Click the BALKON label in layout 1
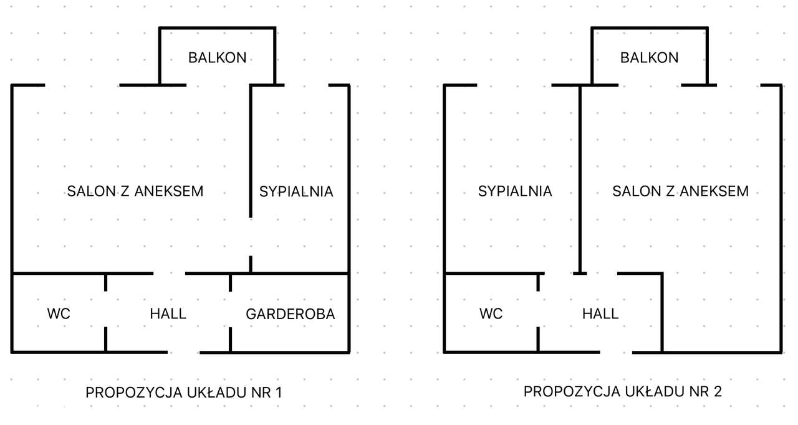point(217,58)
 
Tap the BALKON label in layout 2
point(649,58)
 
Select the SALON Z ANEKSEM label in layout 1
point(135,191)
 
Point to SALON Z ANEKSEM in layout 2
point(680,191)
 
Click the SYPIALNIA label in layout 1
point(296,191)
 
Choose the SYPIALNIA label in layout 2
point(515,191)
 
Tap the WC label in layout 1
point(59,313)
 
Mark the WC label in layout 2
point(491,313)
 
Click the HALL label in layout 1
point(168,313)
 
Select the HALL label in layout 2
point(600,313)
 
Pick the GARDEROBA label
point(291,314)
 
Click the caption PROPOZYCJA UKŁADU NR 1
point(184,393)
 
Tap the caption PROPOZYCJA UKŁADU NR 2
point(623,392)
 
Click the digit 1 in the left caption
point(279,393)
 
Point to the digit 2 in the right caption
point(718,392)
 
